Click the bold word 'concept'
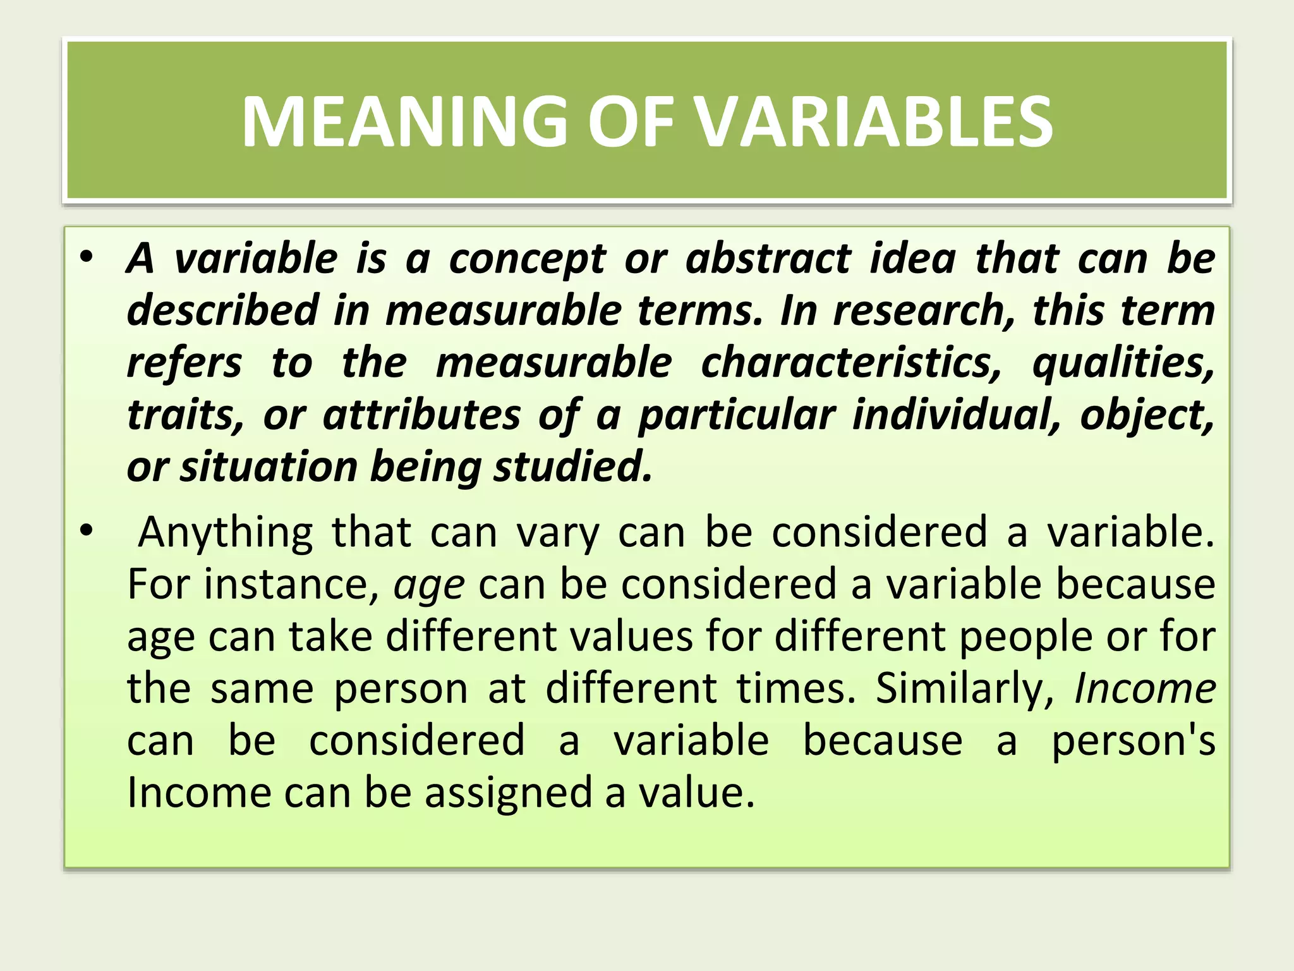(x=528, y=260)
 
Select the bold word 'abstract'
(x=768, y=259)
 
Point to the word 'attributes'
(x=422, y=415)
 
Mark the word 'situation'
(x=269, y=467)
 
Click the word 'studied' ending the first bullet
(x=572, y=467)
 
